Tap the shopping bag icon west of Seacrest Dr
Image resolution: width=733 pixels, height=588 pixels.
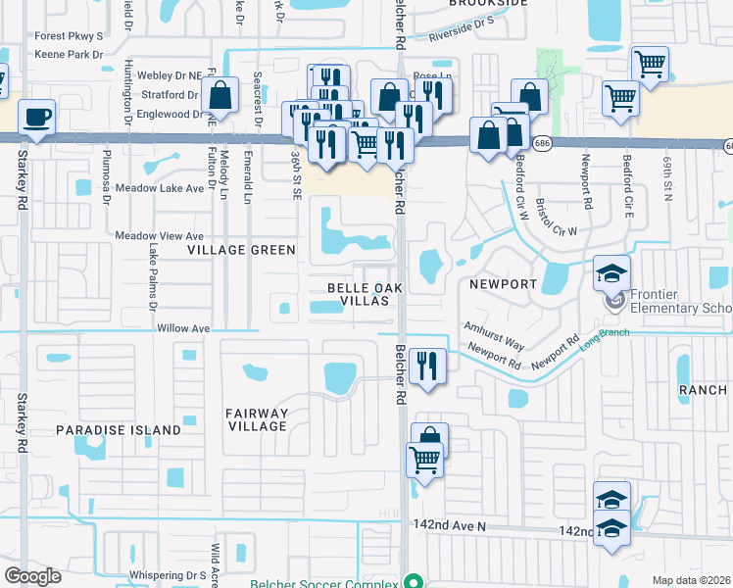pyautogui.click(x=220, y=96)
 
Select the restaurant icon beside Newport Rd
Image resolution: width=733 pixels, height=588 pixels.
pyautogui.click(x=427, y=367)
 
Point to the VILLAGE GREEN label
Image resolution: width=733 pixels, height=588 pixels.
pyautogui.click(x=242, y=250)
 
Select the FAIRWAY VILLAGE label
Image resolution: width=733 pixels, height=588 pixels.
pyautogui.click(x=257, y=419)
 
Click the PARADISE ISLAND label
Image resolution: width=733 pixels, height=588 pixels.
pyautogui.click(x=118, y=430)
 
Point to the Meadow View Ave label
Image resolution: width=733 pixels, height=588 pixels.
pyautogui.click(x=159, y=236)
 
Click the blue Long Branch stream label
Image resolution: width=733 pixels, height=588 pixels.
pyautogui.click(x=602, y=338)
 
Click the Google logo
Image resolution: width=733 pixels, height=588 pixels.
pyautogui.click(x=33, y=576)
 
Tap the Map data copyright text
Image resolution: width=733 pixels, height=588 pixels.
pyautogui.click(x=691, y=580)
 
